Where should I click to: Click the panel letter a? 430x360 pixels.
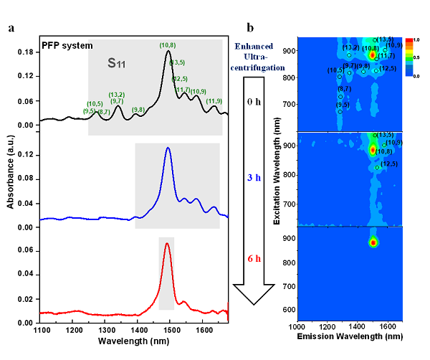point(11,28)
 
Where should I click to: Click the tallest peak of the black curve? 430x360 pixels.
point(168,52)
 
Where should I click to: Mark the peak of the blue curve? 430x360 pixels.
point(168,148)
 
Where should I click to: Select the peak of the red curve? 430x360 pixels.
point(167,244)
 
